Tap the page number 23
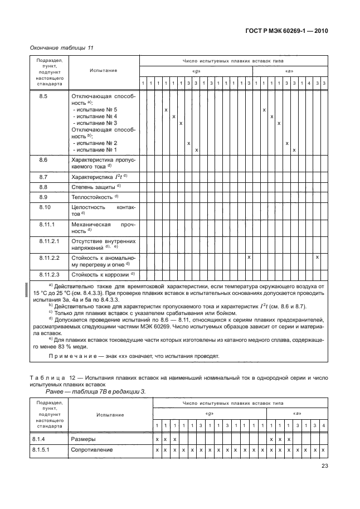coord(325,468)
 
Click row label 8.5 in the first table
coord(44,96)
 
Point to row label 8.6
coord(44,161)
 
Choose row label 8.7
coord(44,177)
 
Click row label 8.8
coord(44,187)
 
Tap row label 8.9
coord(44,197)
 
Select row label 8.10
coord(45,207)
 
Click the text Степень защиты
coord(93,187)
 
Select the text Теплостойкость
coord(92,197)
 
